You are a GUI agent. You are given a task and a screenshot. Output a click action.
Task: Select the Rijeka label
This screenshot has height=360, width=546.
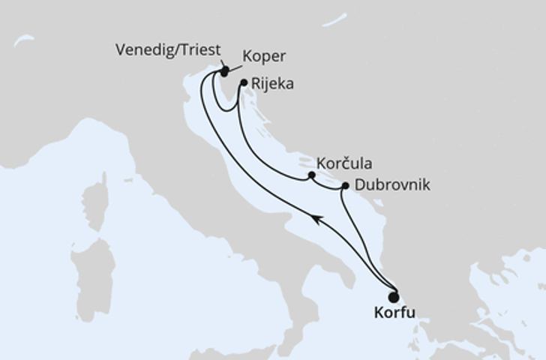click(x=272, y=85)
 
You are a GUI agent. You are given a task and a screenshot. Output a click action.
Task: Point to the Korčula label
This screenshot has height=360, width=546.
click(x=344, y=163)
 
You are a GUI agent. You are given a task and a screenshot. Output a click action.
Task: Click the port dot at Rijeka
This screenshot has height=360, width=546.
click(x=243, y=83)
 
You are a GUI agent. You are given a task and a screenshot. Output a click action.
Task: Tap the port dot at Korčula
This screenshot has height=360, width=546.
click(x=311, y=175)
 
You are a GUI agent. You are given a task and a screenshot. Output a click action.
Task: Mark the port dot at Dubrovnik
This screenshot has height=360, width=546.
click(x=344, y=185)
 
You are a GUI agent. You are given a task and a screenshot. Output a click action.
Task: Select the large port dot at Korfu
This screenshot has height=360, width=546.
click(x=394, y=297)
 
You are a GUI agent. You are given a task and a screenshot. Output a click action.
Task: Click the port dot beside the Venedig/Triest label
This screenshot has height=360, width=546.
click(x=223, y=71)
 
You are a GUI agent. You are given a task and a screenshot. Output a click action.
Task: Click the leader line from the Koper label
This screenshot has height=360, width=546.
click(x=234, y=64)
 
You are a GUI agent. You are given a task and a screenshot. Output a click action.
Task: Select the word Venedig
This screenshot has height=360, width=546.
click(x=142, y=51)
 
